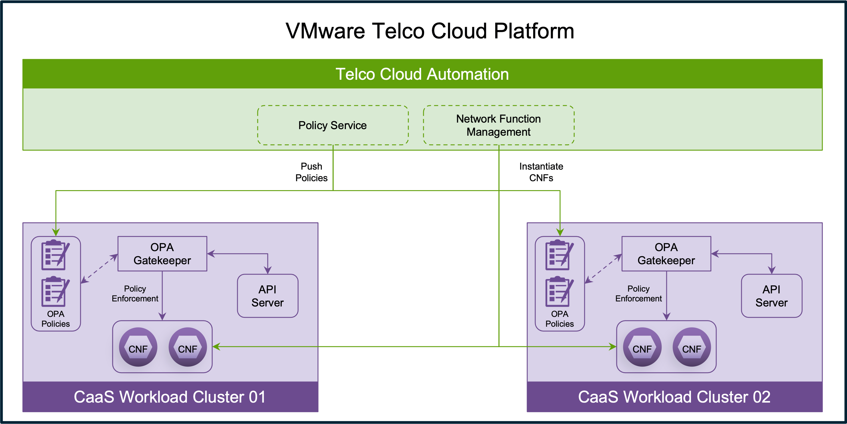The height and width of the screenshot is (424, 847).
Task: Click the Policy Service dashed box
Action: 333,125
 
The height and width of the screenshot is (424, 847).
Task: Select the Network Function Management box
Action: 498,125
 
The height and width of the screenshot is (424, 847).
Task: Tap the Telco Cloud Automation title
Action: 422,74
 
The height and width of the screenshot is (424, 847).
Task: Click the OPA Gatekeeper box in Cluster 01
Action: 162,254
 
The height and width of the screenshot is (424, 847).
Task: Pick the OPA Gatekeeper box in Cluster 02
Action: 666,254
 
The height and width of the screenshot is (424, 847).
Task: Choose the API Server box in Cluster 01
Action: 268,296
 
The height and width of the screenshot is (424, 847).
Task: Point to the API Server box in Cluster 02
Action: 772,296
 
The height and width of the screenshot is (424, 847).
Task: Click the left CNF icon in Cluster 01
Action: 138,347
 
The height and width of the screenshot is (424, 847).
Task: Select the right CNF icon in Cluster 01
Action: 188,347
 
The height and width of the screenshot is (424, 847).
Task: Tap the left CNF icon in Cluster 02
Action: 642,347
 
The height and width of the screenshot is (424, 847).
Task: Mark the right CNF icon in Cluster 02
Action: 692,347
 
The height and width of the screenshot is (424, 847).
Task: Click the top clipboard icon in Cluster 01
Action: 55,255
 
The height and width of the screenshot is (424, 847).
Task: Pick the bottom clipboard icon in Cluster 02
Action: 559,292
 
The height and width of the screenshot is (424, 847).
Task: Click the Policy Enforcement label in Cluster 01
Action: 135,294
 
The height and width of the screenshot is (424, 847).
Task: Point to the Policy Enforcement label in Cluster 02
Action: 639,294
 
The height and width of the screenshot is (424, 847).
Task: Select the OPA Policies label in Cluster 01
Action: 56,319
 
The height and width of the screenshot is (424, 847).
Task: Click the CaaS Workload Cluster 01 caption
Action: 170,397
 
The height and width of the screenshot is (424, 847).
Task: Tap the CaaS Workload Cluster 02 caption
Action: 674,397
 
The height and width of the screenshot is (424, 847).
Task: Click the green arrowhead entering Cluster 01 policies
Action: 56,232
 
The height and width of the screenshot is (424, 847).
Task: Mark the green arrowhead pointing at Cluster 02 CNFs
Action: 613,347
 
